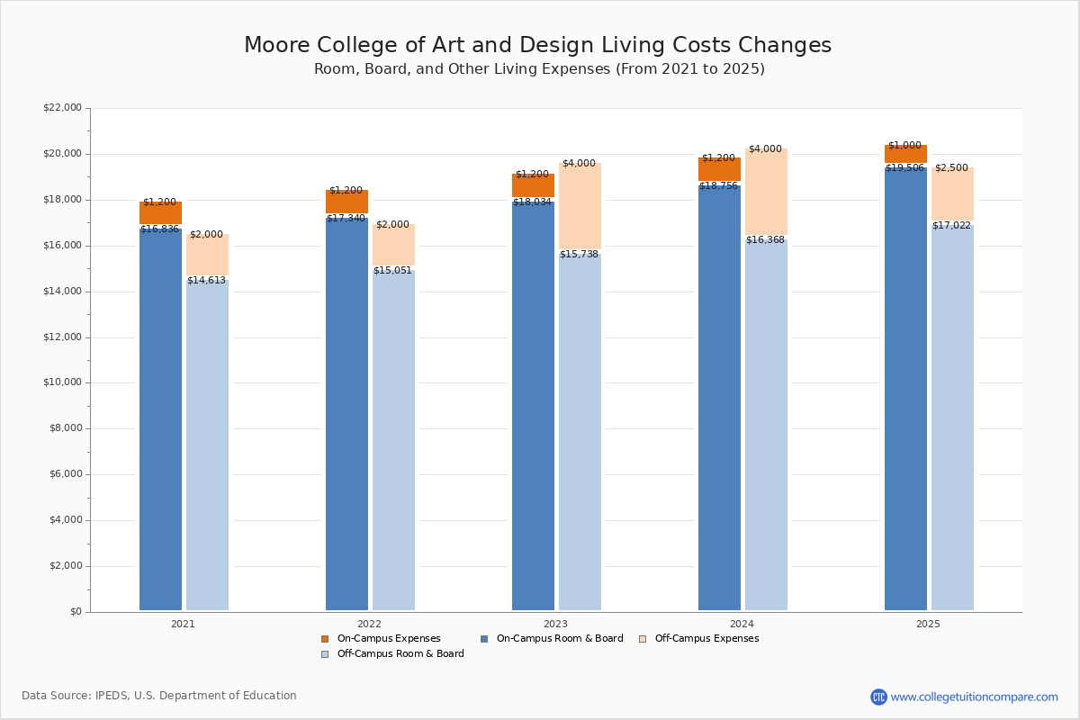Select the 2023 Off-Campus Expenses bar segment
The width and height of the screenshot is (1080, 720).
click(x=580, y=207)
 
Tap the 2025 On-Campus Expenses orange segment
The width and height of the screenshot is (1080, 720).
click(x=905, y=154)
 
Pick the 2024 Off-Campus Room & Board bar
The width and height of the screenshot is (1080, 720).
click(x=766, y=423)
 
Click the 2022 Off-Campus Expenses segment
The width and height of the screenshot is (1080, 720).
click(x=393, y=245)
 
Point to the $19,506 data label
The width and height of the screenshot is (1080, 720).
click(x=905, y=167)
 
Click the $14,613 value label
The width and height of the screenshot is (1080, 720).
click(x=206, y=281)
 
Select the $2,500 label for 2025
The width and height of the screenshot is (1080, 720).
click(x=951, y=168)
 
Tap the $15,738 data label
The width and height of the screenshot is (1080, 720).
click(x=579, y=255)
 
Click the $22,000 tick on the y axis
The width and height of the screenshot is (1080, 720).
click(x=62, y=108)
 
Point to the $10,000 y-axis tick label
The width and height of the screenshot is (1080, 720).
click(x=62, y=382)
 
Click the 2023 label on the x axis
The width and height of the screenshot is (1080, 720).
click(x=555, y=624)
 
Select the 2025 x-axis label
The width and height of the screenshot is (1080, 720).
click(x=928, y=624)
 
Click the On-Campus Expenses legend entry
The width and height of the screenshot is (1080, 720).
click(x=388, y=639)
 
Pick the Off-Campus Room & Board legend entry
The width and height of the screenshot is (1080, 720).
click(x=400, y=654)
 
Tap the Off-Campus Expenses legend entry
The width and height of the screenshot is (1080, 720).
click(x=706, y=639)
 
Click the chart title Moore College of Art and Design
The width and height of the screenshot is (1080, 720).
click(x=537, y=46)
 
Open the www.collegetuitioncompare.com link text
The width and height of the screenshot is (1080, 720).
click(x=974, y=697)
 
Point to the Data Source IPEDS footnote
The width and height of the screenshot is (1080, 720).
click(x=159, y=696)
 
